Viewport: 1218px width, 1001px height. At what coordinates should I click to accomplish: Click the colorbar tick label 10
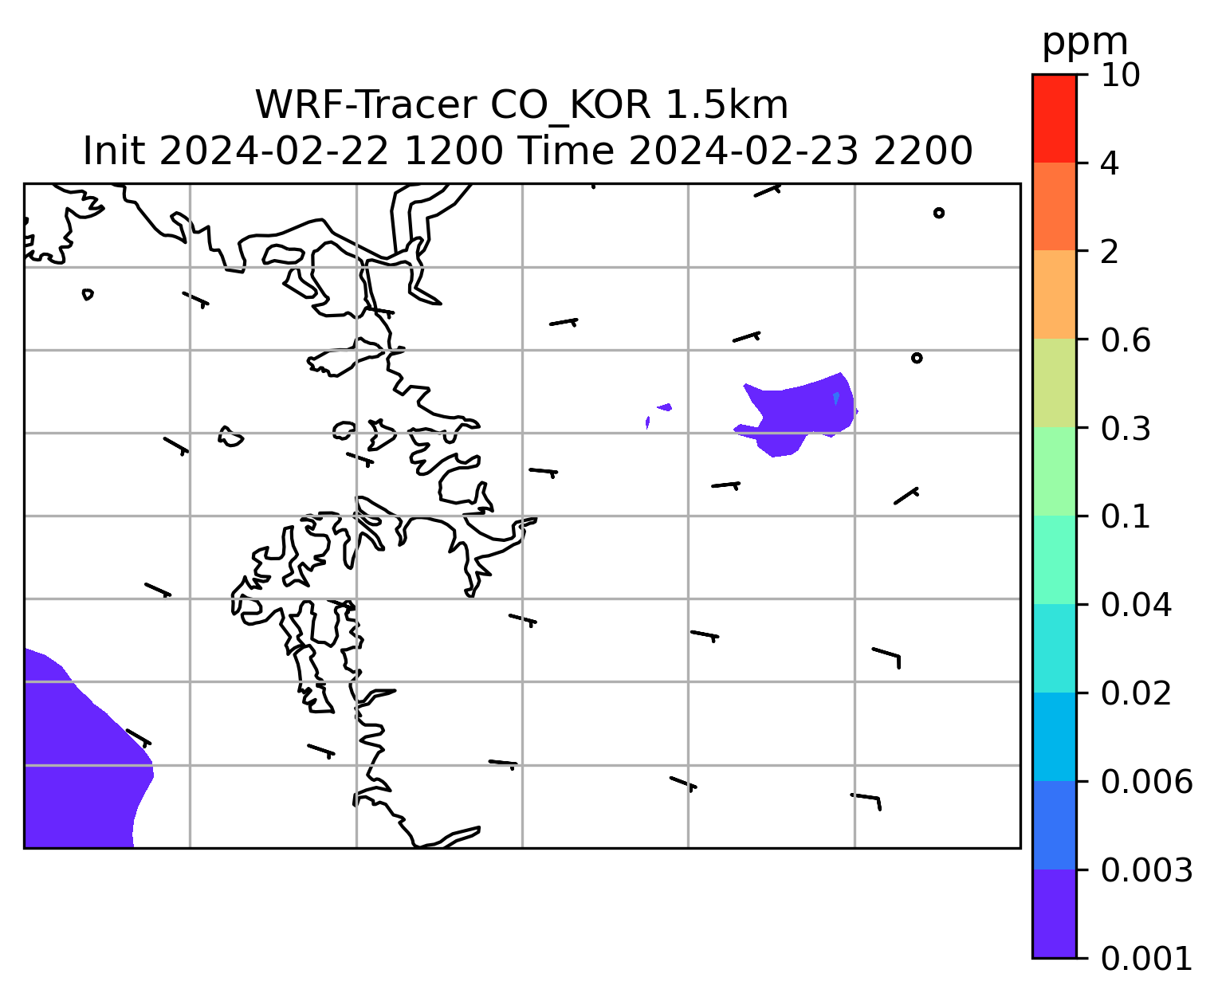(1121, 76)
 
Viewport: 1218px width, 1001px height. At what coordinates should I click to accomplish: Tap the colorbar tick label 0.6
(1126, 340)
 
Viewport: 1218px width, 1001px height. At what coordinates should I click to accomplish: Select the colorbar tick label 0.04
(1136, 605)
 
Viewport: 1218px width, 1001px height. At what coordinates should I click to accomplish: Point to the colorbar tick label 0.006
(1146, 782)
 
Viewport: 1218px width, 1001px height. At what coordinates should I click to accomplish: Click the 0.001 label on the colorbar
(1146, 959)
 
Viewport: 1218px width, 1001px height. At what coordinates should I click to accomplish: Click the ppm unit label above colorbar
(1085, 43)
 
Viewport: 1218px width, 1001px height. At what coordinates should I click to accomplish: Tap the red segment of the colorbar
(1054, 118)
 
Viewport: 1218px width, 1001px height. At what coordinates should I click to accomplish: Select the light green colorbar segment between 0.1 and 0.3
(1054, 471)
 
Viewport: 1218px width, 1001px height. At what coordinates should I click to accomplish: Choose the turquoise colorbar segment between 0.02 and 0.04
(1054, 648)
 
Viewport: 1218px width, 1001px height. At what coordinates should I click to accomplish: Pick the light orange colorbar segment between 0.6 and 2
(1054, 294)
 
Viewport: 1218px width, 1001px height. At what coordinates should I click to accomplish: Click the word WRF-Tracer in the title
(366, 105)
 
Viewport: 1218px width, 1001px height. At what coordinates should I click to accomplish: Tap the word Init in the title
(114, 151)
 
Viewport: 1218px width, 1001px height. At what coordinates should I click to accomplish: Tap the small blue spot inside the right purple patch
(835, 398)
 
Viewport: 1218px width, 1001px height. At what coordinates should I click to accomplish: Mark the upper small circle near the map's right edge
(939, 213)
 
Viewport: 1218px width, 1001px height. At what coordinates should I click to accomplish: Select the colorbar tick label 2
(1110, 253)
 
